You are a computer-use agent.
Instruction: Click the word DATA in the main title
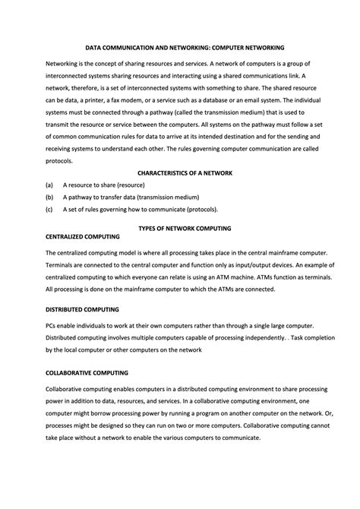pos(93,47)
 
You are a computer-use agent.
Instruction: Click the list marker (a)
pos(49,185)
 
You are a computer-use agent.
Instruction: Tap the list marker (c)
pos(49,209)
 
